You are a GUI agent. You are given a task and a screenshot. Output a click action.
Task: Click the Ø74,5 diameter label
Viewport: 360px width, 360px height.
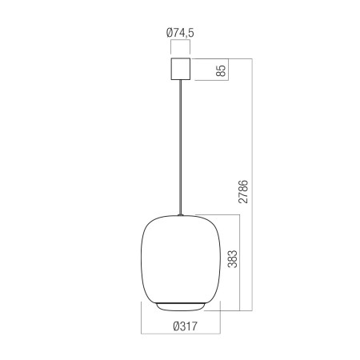(180, 33)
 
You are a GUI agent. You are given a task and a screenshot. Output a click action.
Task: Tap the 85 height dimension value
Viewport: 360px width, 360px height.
(221, 70)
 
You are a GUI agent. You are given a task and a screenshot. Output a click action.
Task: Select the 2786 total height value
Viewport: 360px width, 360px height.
(243, 192)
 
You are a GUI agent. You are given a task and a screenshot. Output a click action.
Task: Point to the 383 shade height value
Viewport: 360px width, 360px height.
(232, 259)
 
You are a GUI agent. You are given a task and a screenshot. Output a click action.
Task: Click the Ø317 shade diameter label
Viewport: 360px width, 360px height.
(186, 326)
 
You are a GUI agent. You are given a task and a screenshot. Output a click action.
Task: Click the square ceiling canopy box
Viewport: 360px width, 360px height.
(180, 69)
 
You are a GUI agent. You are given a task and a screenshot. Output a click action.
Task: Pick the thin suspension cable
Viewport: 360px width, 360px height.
(181, 146)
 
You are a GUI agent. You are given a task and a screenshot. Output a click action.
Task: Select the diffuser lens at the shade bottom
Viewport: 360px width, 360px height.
(181, 307)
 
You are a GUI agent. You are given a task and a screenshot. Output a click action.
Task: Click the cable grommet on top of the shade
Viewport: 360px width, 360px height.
(181, 214)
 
